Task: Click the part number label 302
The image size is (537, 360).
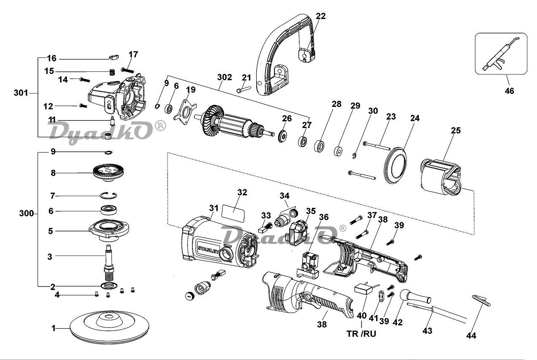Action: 225,77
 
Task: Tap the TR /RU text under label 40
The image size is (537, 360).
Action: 361,334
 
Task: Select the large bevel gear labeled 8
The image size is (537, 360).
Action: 108,172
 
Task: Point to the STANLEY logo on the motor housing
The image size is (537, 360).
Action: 208,249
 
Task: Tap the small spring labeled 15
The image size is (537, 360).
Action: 112,72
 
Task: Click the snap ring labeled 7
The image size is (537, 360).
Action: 108,195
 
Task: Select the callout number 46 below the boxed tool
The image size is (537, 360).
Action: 509,91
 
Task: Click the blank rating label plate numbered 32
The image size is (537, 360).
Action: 233,213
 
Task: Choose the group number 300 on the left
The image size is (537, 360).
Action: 26,213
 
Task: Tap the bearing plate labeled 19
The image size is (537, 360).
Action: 184,112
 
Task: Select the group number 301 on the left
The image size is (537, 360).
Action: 21,93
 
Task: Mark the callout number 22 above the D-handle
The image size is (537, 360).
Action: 321,16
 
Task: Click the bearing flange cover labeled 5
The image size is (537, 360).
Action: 109,230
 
